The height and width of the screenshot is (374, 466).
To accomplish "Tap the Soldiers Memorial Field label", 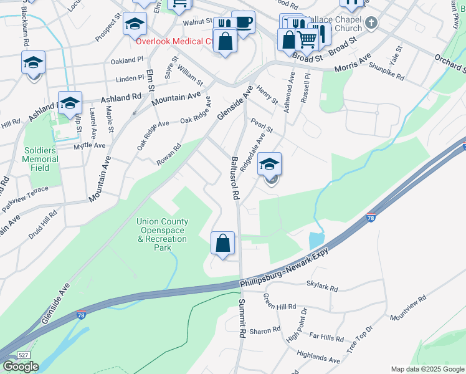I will pos(42,159).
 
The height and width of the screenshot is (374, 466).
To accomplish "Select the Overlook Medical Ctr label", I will pos(175,41).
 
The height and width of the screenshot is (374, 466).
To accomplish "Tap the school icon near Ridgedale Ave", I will pos(270,165).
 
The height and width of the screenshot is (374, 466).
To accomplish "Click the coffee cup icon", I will pos(243,22).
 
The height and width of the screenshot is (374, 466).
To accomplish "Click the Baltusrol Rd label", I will pos(235,178).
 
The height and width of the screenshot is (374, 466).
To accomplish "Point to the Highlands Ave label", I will pos(318,357).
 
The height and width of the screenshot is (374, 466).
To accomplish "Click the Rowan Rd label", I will pos(168,155).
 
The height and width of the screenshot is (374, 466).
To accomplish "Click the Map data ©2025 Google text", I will pos(427,369).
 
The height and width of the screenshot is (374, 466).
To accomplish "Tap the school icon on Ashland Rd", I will pos(70,102).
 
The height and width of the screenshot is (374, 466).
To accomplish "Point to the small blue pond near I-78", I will pos(316,239).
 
